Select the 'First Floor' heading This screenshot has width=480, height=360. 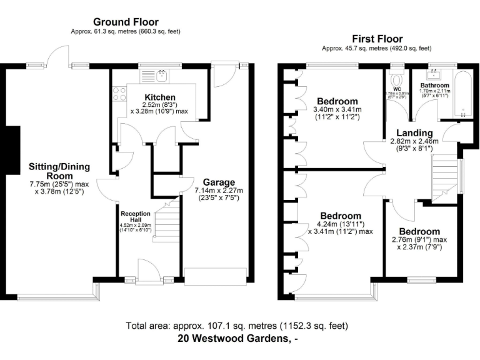click(x=377, y=39)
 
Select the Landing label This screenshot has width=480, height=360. click(x=414, y=132)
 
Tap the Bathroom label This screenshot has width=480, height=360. click(x=434, y=85)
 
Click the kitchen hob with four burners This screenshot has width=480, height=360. click(x=119, y=94)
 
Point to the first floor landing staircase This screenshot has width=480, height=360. click(x=446, y=175)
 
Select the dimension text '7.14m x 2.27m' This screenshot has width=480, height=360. click(x=218, y=190)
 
